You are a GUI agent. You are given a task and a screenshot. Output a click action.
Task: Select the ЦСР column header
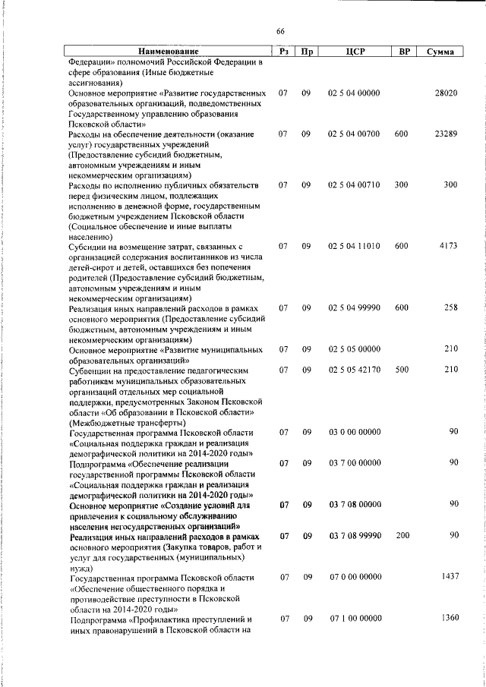point(355,52)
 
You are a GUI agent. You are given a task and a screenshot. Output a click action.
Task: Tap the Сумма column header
point(440,52)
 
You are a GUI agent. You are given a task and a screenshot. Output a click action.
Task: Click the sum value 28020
point(445,93)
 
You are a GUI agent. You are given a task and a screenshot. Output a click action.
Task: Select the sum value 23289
point(445,134)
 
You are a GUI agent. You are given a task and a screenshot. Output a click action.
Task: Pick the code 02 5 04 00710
point(355,185)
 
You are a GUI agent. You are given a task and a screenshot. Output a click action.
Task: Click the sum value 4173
point(448,247)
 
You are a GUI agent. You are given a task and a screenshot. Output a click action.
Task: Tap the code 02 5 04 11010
point(355,247)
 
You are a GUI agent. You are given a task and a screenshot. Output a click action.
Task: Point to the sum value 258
point(450,308)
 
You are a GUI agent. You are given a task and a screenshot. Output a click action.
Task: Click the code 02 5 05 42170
point(355,370)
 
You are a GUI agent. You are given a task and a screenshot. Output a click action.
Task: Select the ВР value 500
point(402,370)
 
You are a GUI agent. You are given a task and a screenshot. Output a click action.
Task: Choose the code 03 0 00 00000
point(355,432)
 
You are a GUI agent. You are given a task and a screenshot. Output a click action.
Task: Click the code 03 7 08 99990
point(355,536)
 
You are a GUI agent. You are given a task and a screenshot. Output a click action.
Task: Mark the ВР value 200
point(402,536)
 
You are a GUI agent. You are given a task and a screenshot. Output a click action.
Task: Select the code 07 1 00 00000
point(355,619)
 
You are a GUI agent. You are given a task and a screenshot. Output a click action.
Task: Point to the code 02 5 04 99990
point(355,308)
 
